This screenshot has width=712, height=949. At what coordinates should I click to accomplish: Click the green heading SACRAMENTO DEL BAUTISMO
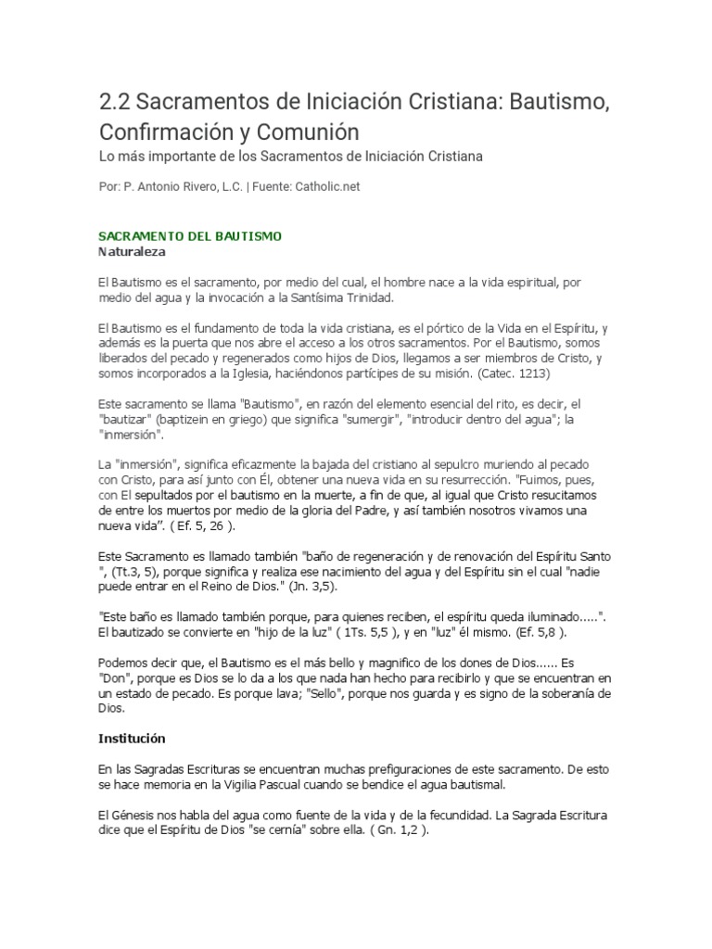[189, 236]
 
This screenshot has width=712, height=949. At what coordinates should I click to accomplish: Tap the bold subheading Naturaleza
[133, 251]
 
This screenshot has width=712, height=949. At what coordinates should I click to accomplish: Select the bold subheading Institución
[132, 739]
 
